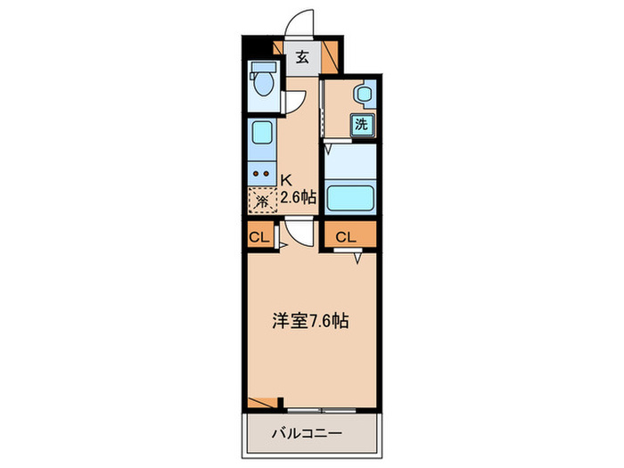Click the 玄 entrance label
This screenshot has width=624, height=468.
tap(302, 58)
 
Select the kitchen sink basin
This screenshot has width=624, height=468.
tap(262, 135)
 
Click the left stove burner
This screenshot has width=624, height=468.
tap(257, 174)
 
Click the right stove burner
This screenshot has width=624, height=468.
tap(267, 174)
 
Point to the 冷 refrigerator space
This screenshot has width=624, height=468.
tap(262, 201)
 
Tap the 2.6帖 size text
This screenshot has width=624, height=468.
tap(298, 196)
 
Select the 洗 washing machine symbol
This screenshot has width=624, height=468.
tap(362, 124)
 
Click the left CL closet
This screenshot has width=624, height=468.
tap(259, 237)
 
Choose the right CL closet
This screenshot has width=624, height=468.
tap(348, 237)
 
